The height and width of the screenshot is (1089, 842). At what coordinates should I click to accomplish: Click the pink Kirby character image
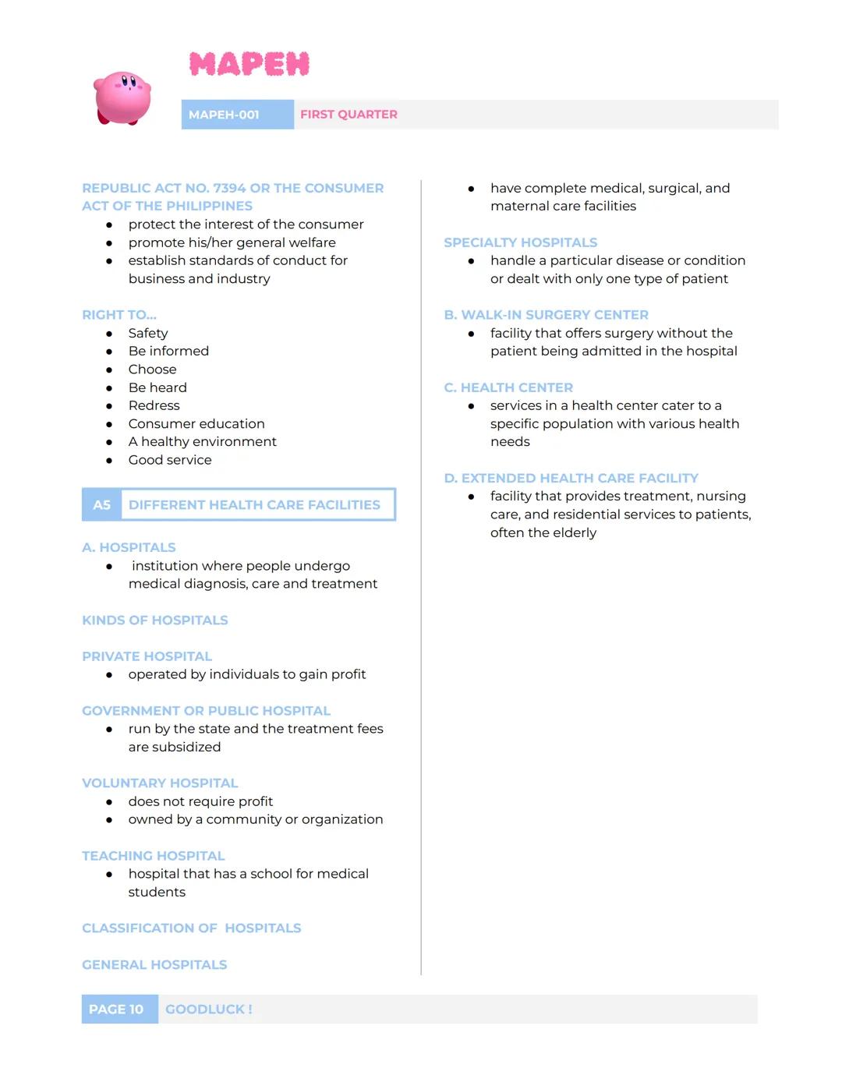(122, 97)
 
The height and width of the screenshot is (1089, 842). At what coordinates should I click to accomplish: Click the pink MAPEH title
(249, 64)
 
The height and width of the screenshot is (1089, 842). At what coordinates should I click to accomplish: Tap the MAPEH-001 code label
(224, 115)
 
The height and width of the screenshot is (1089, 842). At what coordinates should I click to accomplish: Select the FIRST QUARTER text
(348, 115)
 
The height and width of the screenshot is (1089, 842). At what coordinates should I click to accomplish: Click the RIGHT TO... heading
(119, 315)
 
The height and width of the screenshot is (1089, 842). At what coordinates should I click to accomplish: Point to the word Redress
(154, 405)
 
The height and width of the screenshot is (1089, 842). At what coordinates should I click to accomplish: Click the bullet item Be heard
(157, 387)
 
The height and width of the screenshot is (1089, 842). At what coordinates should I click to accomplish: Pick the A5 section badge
(102, 505)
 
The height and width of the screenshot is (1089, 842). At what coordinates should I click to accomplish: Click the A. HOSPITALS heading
(129, 547)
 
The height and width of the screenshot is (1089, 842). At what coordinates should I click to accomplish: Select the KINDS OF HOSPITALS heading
(155, 621)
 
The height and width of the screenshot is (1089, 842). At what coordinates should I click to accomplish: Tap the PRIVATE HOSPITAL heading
(147, 656)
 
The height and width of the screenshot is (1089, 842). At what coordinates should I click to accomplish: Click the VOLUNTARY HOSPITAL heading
(160, 783)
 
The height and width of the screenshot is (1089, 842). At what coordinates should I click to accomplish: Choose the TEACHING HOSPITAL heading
(153, 856)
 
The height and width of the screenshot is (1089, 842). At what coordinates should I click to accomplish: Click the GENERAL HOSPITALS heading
(154, 965)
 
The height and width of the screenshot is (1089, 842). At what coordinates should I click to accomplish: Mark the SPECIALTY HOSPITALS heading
(520, 242)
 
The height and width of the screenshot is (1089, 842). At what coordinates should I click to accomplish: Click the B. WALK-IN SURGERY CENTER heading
(546, 315)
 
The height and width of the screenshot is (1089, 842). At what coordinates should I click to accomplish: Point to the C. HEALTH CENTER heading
(508, 387)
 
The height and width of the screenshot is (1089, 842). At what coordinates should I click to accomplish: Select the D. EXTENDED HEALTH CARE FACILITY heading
(571, 478)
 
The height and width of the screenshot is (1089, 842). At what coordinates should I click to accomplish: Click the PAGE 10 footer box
(116, 1009)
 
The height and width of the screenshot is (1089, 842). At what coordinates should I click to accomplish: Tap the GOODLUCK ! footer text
(208, 1009)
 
